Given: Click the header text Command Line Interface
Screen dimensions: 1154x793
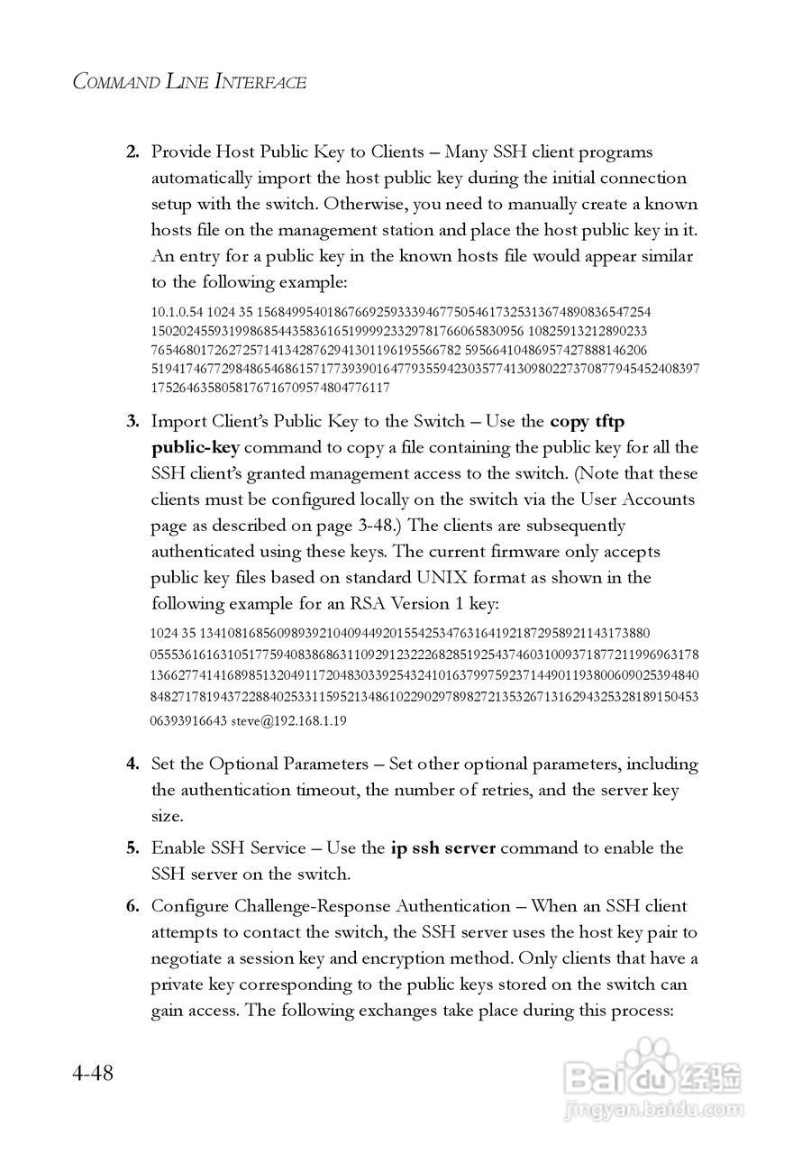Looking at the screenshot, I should (189, 82).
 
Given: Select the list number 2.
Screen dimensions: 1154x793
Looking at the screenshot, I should (132, 151).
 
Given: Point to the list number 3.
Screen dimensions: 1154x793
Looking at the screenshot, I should (132, 421).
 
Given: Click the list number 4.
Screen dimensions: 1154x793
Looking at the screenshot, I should (132, 764).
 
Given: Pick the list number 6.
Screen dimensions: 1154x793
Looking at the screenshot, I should (132, 906).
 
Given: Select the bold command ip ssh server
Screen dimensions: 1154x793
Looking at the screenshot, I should (442, 847).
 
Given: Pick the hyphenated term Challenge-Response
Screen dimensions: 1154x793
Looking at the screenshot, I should (299, 906).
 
